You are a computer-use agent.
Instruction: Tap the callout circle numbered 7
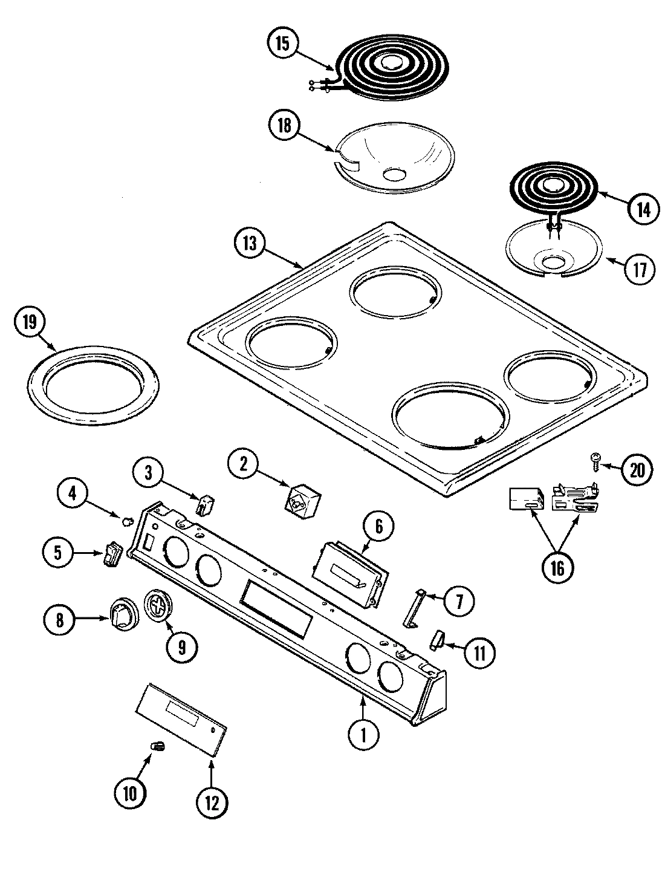(458, 600)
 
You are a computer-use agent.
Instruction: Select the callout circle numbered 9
(181, 648)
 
